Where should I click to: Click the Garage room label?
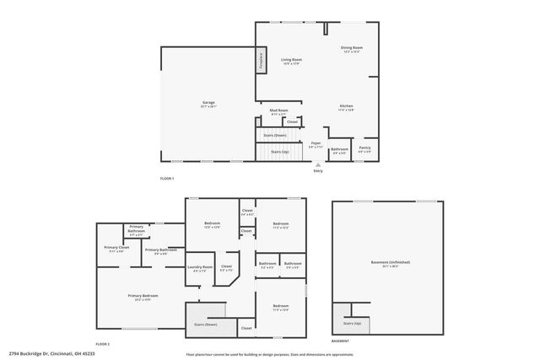point(208,104)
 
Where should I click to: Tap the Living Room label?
point(292,61)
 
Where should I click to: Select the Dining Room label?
point(352,50)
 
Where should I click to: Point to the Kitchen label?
point(346,107)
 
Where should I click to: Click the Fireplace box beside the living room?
point(262,61)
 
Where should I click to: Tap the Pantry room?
point(364,149)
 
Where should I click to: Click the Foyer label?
point(316,146)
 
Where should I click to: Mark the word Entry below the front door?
point(318,171)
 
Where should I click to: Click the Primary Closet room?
point(116,249)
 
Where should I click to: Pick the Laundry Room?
point(200,269)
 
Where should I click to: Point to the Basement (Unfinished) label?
point(390,263)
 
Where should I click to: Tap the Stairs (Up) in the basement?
point(352,323)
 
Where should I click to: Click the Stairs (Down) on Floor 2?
point(206,324)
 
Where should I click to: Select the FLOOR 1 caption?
point(167,179)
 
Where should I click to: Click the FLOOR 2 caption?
point(102,343)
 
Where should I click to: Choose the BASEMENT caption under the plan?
point(340,341)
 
